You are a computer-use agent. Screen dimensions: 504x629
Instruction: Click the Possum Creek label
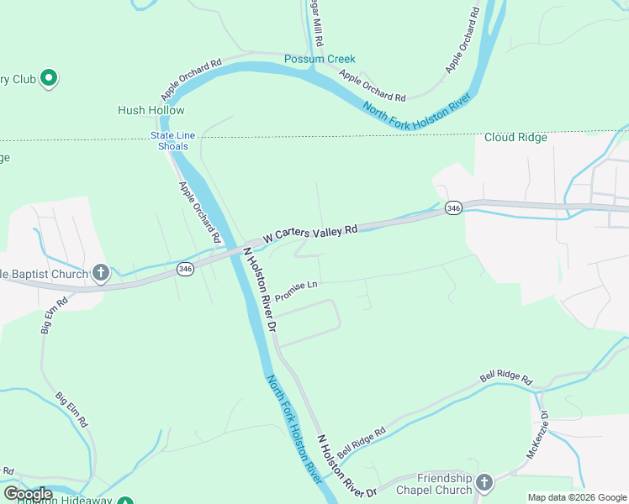320,59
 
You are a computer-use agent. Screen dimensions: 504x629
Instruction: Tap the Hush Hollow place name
151,110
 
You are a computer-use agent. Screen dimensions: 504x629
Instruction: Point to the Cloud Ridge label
515,138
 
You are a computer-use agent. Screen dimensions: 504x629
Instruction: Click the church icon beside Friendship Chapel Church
484,483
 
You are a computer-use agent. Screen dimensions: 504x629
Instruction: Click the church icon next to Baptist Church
100,273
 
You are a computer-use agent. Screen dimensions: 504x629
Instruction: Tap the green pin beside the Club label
49,80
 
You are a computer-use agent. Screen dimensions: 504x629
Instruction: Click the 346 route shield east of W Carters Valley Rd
453,207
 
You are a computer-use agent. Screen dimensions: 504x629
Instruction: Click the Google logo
29,494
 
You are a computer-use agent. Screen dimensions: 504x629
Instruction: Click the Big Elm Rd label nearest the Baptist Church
51,314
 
